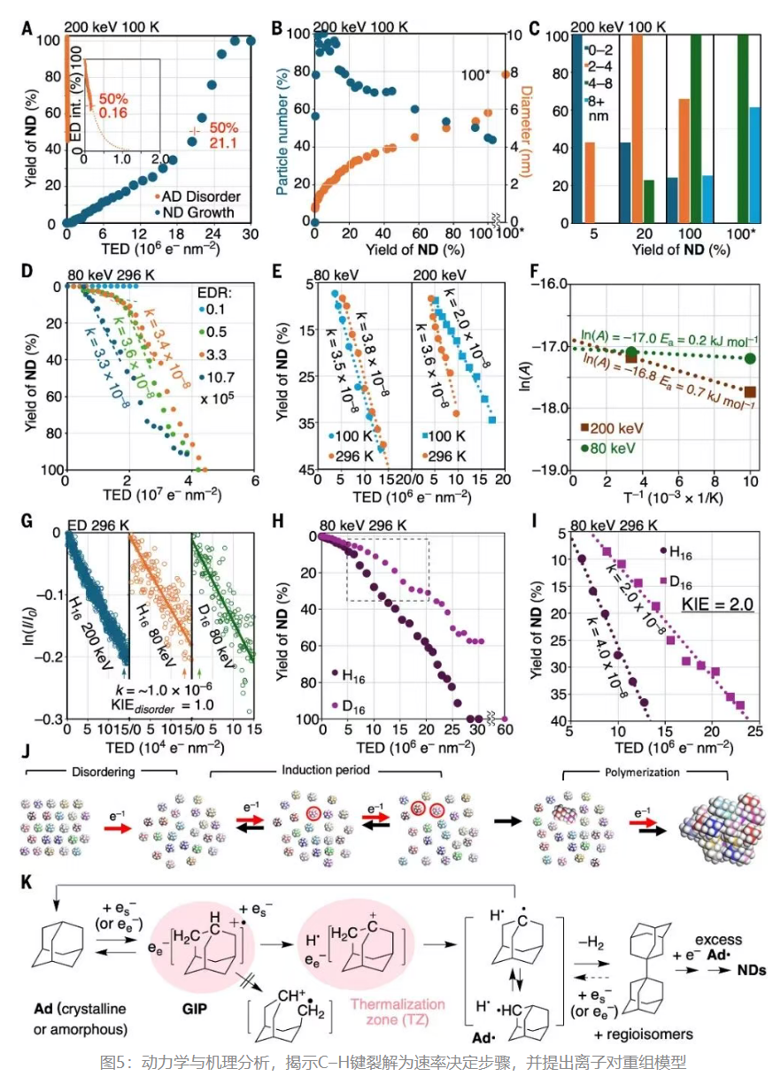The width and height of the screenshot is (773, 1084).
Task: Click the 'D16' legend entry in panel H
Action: [x=354, y=704]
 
